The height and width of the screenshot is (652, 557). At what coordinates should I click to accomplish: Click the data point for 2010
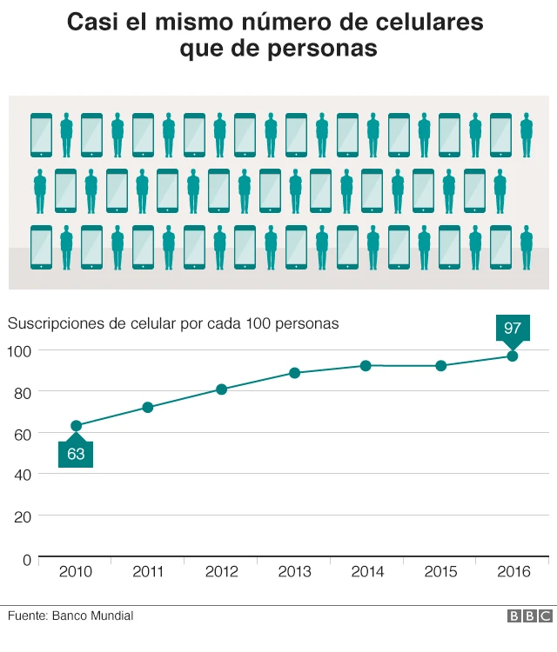tap(76, 426)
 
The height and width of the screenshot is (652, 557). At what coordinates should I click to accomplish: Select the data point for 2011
tap(148, 407)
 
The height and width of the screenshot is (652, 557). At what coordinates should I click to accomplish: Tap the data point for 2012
tap(221, 389)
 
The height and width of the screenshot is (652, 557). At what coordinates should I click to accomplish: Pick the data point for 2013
tap(294, 373)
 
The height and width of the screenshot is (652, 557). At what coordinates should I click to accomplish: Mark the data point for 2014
tap(366, 366)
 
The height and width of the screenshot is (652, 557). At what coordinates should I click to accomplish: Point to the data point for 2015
tap(440, 366)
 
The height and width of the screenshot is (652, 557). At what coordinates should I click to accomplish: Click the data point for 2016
tap(513, 356)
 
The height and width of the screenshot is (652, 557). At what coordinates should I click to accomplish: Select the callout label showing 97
tap(513, 329)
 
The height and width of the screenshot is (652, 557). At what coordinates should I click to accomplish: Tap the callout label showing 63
tap(76, 454)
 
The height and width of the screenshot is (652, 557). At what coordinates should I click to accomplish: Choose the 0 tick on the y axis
tap(26, 558)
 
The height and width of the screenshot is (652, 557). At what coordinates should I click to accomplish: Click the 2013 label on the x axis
tap(294, 572)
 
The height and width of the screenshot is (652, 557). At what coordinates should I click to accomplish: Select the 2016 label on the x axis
tap(513, 572)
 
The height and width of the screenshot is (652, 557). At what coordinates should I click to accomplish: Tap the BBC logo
tap(529, 616)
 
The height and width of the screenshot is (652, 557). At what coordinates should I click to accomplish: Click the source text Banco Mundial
tap(92, 615)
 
